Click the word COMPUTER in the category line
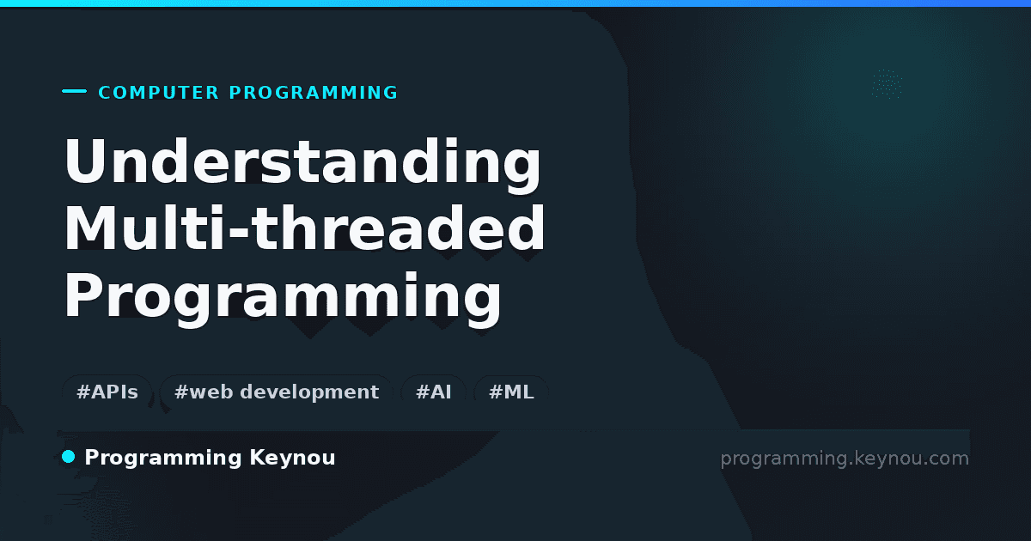point(158,93)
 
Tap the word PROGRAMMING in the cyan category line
point(313,93)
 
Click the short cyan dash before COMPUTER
point(74,91)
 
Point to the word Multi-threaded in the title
point(304,228)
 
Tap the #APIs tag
point(107,392)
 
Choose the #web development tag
point(276,392)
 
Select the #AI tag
point(433,392)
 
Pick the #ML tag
point(511,392)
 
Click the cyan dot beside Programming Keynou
point(68,457)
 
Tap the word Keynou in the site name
point(292,459)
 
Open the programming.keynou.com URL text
point(845,459)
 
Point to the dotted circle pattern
point(887,84)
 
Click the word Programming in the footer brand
point(163,459)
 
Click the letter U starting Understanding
point(86,160)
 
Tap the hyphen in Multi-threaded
point(239,229)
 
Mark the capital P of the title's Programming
point(82,295)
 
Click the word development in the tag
point(309,392)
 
